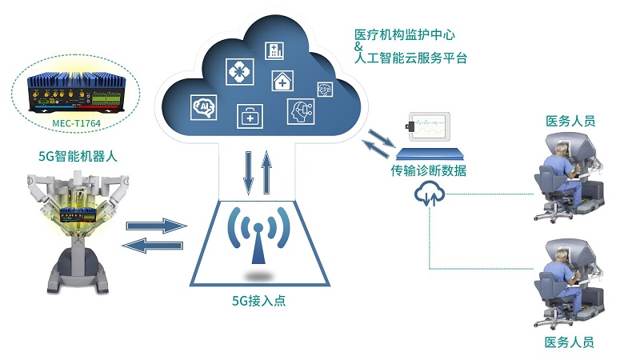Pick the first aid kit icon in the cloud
click(249, 117)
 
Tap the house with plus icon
click(284, 81)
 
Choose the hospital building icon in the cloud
click(275, 50)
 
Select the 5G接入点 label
click(258, 302)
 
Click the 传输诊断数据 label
click(429, 170)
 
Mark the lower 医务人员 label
click(570, 342)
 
